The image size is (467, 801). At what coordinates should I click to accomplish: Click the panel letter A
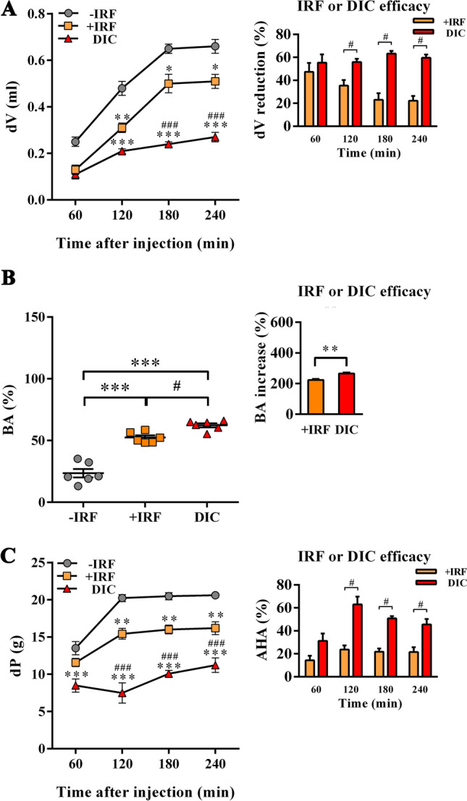point(10,9)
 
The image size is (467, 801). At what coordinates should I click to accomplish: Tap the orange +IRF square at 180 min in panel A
point(169,84)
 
